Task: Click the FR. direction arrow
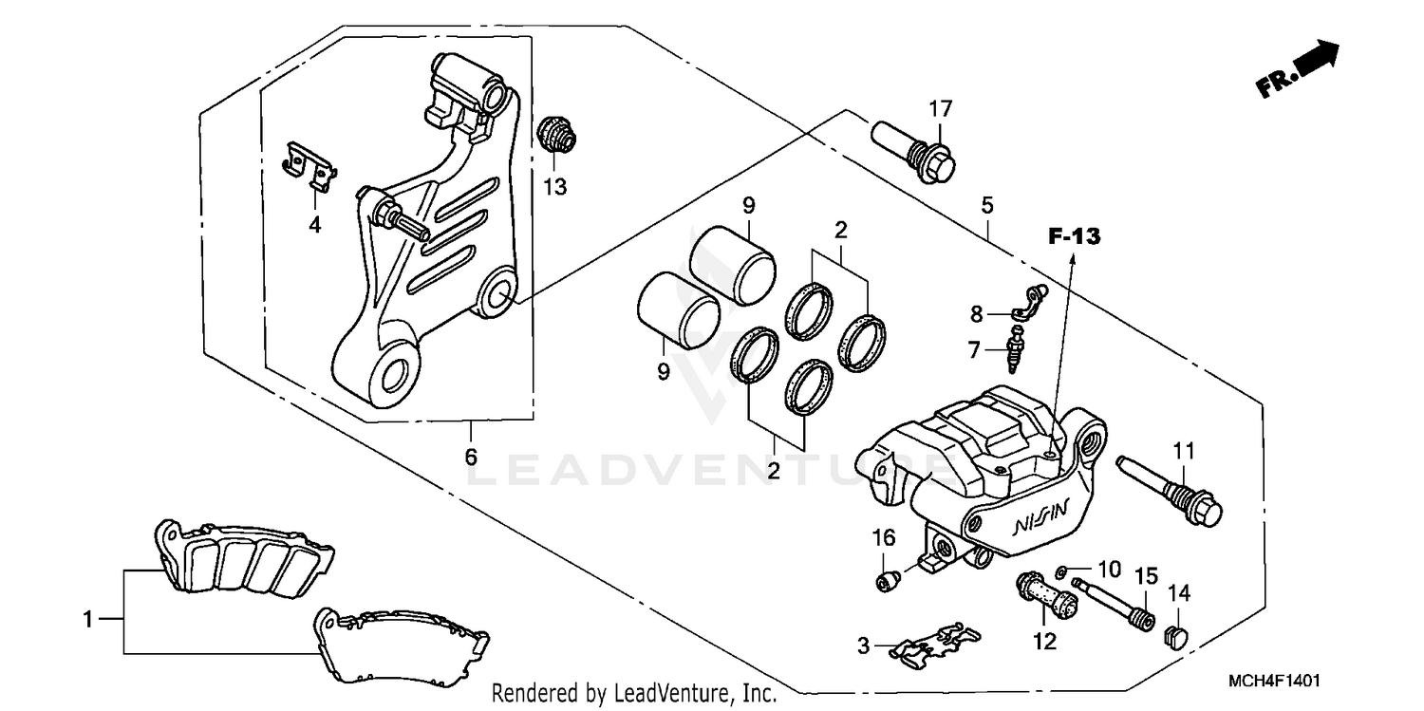[1299, 70]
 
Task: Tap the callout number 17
[939, 109]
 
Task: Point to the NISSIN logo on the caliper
[1040, 519]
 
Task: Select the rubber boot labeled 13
[556, 136]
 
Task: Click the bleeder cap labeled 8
[1027, 304]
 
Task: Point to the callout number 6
[471, 457]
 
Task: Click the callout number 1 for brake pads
[87, 620]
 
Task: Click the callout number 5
[987, 204]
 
